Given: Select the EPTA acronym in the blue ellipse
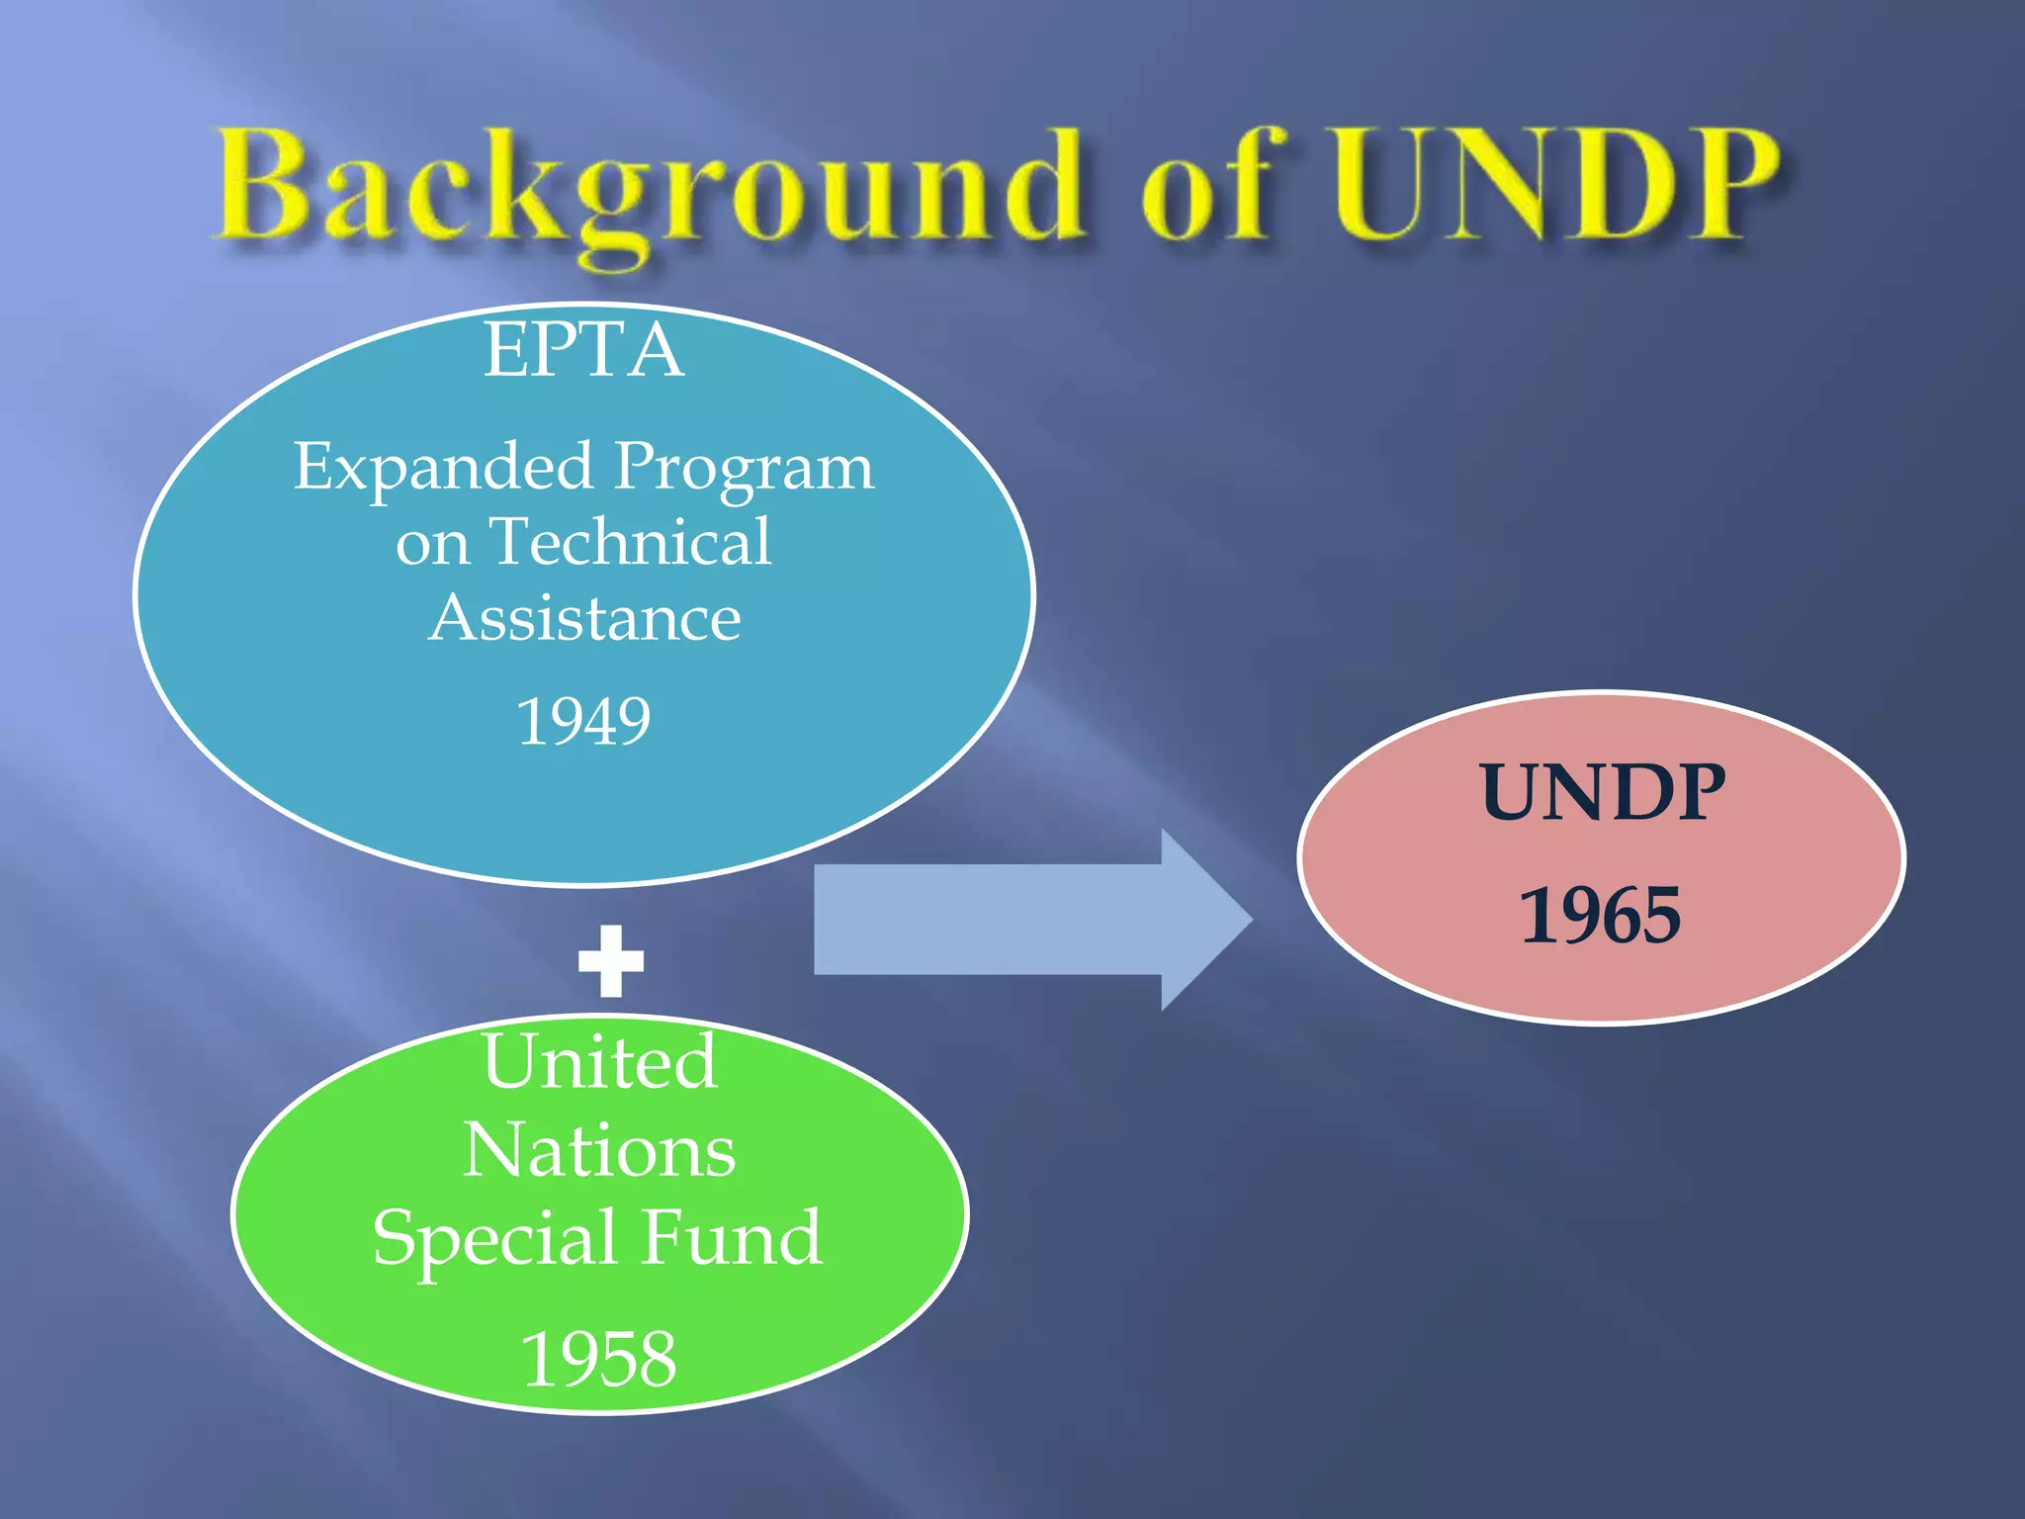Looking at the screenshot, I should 583,351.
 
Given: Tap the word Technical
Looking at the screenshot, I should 631,542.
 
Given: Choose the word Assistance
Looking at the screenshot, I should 584,619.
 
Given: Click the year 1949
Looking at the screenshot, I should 583,721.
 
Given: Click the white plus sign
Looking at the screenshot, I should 611,961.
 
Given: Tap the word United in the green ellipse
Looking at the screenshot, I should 600,1061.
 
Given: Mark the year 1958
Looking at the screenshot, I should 599,1360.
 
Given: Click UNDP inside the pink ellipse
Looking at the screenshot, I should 1602,793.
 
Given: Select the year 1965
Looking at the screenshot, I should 1601,916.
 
